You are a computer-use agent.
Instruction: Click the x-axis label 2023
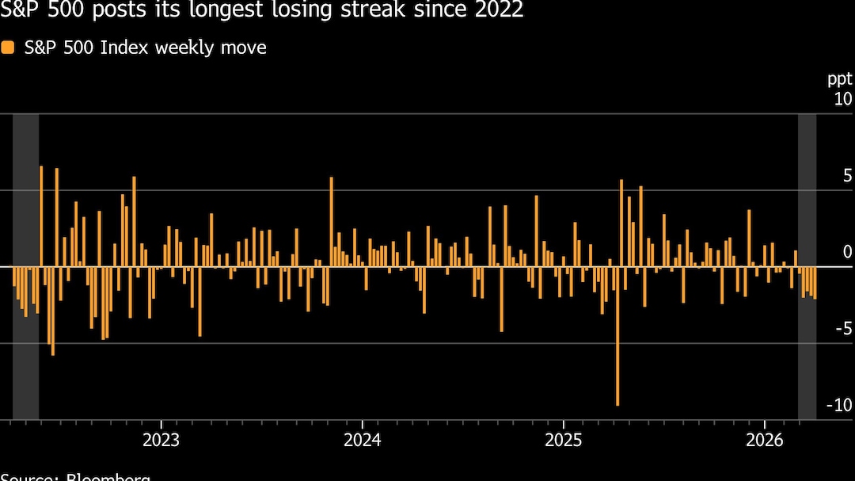tap(161, 440)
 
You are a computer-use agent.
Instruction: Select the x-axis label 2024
tap(362, 440)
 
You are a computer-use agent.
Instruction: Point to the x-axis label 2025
tap(563, 440)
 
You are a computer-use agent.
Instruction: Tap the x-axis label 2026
tap(764, 440)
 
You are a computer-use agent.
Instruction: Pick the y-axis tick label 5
tap(847, 176)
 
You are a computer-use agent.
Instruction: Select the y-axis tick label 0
tap(847, 252)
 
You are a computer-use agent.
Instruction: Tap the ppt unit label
tap(840, 79)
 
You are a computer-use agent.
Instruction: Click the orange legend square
tap(8, 48)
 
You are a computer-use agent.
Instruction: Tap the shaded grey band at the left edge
tap(25, 266)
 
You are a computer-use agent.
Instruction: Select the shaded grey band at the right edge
tap(807, 266)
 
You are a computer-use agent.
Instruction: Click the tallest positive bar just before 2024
tap(332, 222)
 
